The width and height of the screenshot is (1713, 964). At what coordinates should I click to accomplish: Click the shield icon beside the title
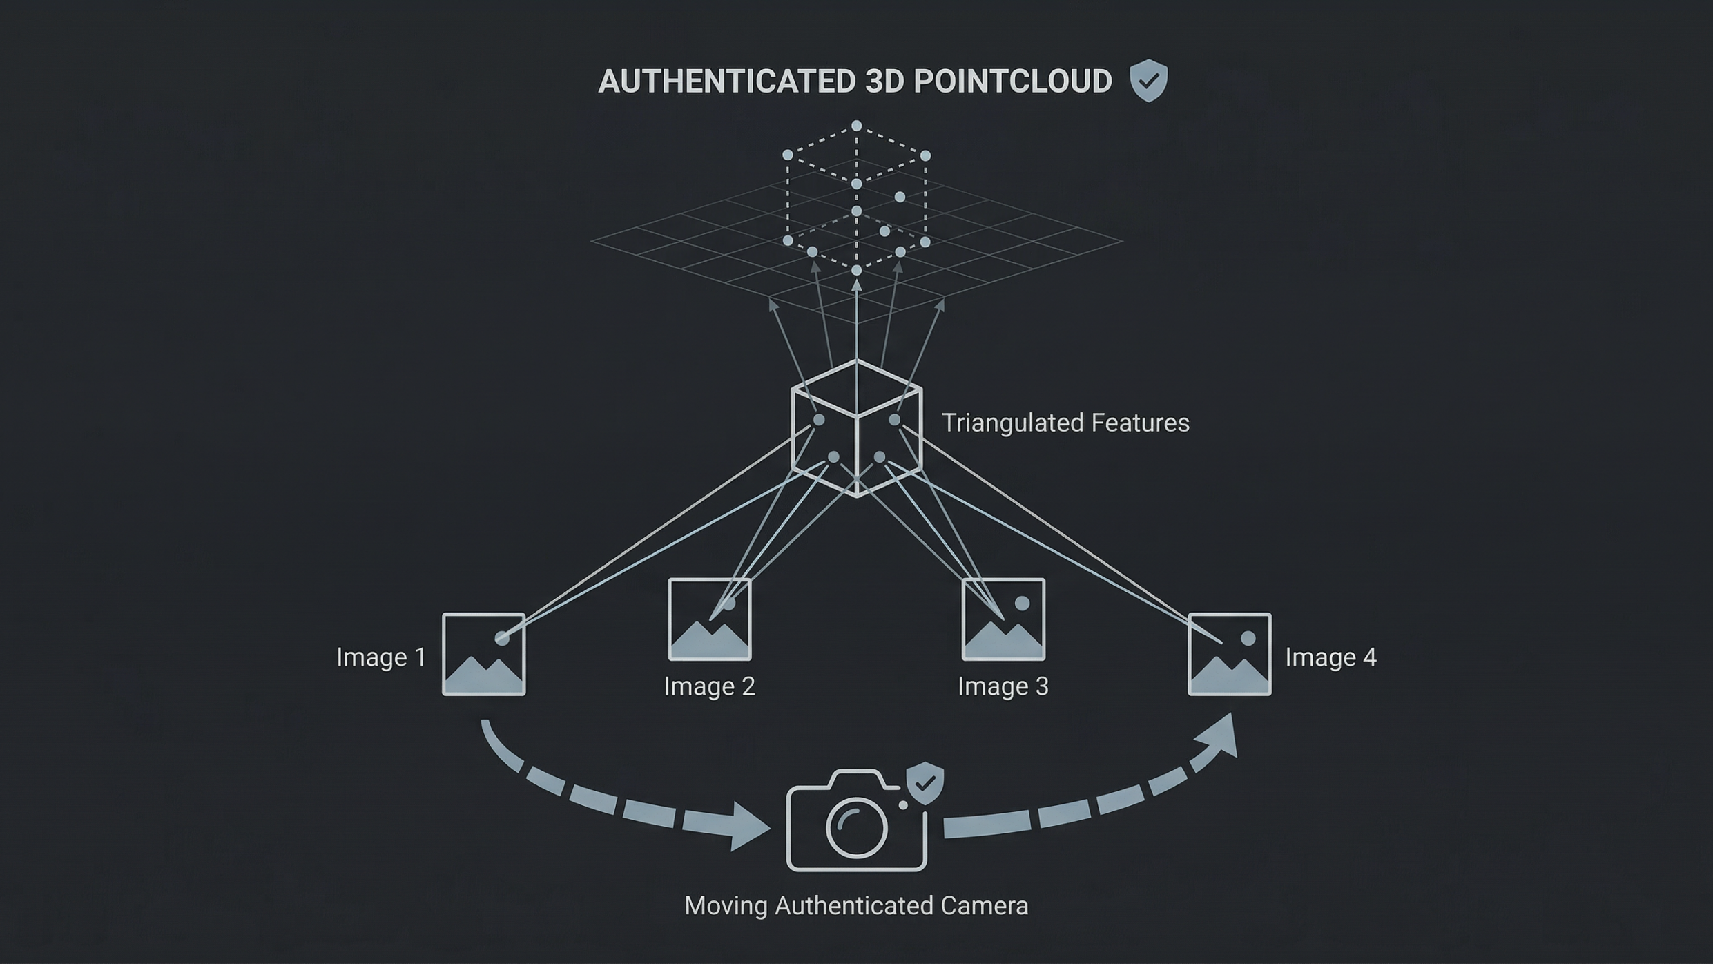point(1148,80)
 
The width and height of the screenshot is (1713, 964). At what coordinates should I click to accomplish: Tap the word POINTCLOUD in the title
point(1013,81)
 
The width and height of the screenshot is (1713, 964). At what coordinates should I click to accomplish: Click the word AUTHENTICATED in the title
point(727,81)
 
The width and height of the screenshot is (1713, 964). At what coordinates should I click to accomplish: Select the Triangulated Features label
point(1065,423)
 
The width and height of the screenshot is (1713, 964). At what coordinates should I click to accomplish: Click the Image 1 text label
point(381,657)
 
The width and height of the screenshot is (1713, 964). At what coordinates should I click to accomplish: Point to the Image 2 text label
point(709,686)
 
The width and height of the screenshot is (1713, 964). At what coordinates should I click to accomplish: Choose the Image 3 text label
point(1003,686)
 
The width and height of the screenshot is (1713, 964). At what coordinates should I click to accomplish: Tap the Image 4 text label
point(1330,657)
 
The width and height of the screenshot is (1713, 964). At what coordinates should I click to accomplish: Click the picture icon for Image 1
point(484,655)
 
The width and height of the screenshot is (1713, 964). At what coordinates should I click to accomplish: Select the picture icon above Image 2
point(710,619)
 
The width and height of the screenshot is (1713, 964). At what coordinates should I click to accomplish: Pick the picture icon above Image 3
point(1003,619)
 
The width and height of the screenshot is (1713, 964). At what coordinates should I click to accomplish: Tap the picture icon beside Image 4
point(1230,655)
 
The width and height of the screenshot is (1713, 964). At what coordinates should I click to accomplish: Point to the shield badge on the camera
point(925,783)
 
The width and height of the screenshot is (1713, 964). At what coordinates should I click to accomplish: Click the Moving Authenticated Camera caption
point(856,905)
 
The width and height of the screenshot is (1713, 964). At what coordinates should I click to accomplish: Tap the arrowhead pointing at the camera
point(749,825)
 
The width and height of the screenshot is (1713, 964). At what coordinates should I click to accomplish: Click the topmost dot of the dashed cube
point(857,126)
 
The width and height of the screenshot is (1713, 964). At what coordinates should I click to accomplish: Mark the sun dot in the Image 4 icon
point(1248,639)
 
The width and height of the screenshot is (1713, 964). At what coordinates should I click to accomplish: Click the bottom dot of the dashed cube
point(857,270)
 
